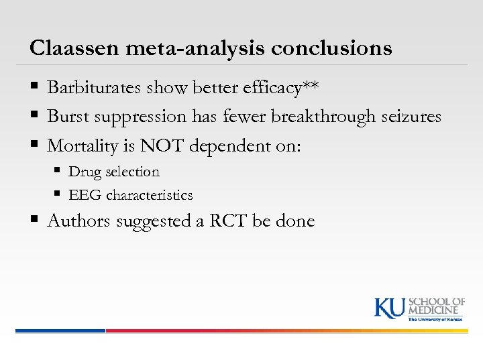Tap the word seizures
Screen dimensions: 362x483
(x=410, y=117)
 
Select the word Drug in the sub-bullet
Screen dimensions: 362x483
(x=83, y=172)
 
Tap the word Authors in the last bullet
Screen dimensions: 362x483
(x=79, y=221)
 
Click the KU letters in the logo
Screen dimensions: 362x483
(x=389, y=307)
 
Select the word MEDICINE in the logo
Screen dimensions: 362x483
(x=436, y=310)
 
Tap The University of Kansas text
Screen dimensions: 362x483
(x=436, y=319)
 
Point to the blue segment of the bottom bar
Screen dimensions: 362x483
(x=60, y=330)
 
